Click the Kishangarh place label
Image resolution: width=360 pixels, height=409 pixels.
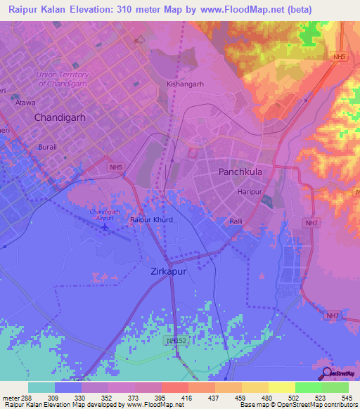click(x=185, y=84)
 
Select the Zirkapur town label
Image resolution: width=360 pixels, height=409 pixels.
click(x=169, y=271)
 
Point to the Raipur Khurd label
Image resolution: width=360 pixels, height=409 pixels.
click(x=151, y=220)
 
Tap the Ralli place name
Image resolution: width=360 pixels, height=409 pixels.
click(x=236, y=221)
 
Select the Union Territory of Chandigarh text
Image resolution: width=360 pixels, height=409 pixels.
click(x=63, y=79)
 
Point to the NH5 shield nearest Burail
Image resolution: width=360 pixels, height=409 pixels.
click(x=116, y=167)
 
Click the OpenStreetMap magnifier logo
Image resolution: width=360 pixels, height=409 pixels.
click(x=327, y=372)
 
